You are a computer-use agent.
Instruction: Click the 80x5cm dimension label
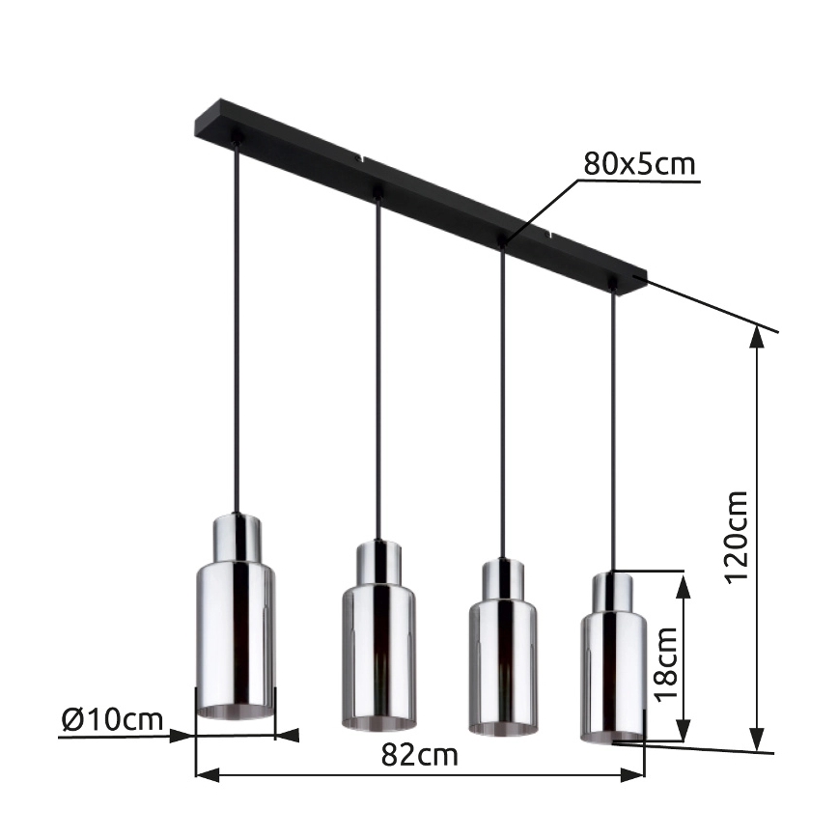pos(638,164)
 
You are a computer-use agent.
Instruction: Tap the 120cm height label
pos(737,537)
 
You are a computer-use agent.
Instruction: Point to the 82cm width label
pos(419,755)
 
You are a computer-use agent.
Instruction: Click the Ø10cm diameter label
pos(111,719)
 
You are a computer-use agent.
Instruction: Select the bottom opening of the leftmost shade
pos(236,712)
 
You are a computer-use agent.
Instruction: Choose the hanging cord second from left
pos(378,367)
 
